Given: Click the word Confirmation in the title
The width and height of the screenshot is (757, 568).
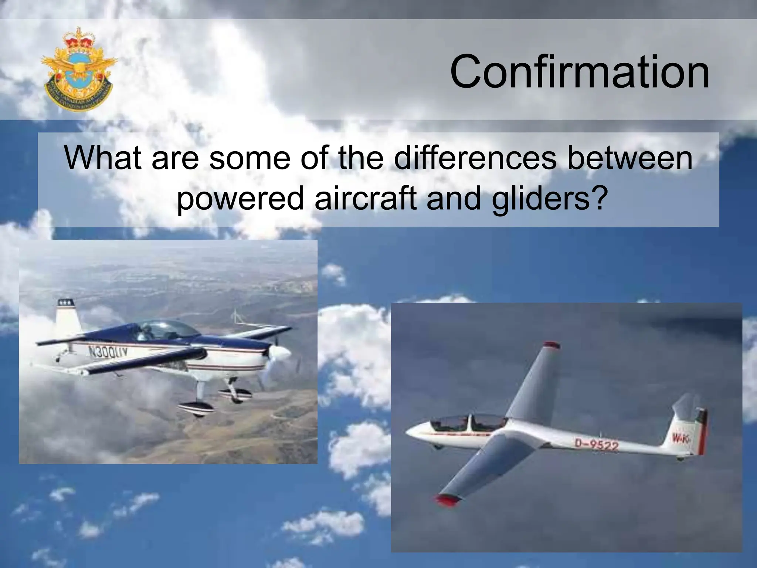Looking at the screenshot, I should click(580, 72).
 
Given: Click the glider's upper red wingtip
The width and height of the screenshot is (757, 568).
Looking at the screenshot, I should click(551, 345).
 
